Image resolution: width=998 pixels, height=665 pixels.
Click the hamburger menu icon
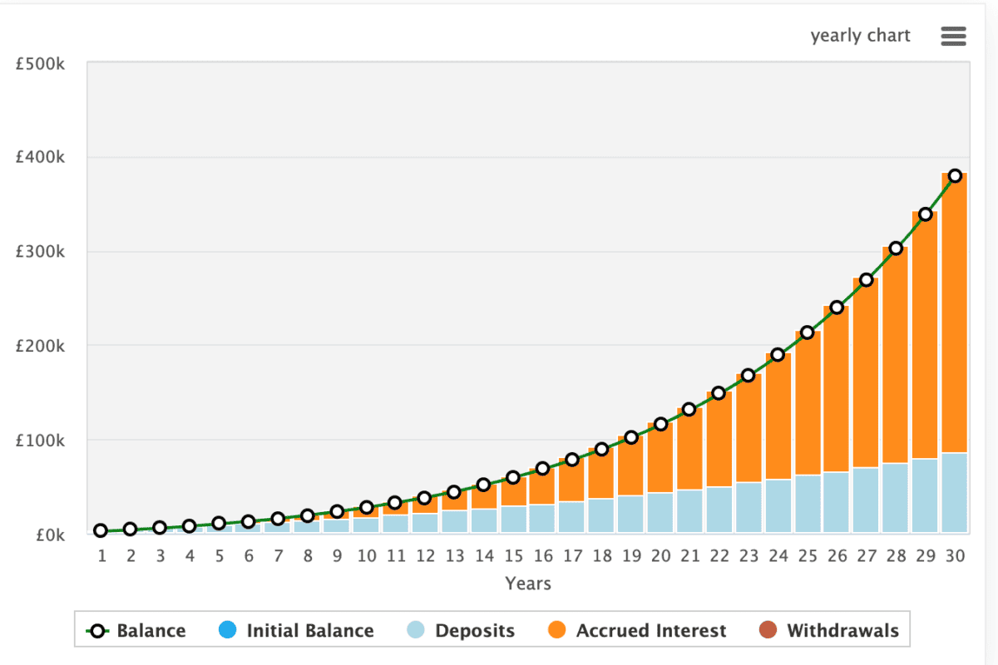coord(953,36)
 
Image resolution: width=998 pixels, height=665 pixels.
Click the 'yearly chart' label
coord(860,36)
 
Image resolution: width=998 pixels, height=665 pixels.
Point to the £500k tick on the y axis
coord(41,64)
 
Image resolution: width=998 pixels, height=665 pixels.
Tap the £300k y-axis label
coord(41,252)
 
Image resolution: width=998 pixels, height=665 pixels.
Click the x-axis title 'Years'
coord(528,584)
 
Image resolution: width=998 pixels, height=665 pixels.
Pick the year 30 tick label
coord(955,556)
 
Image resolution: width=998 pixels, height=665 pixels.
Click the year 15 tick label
coord(513,556)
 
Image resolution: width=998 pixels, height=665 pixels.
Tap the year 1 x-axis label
coord(101,556)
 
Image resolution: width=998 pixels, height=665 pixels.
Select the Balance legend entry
coord(136,631)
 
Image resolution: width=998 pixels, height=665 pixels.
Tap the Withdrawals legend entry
coord(830,631)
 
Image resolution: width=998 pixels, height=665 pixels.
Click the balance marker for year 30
coord(955,175)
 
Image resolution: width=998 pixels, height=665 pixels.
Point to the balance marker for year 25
coord(808,332)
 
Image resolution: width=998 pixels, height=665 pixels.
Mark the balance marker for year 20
coord(660,424)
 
